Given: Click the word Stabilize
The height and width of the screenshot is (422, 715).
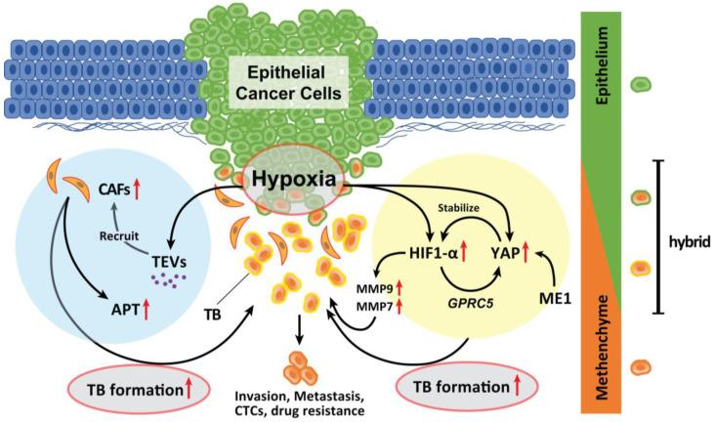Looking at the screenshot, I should pyautogui.click(x=485, y=206).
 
